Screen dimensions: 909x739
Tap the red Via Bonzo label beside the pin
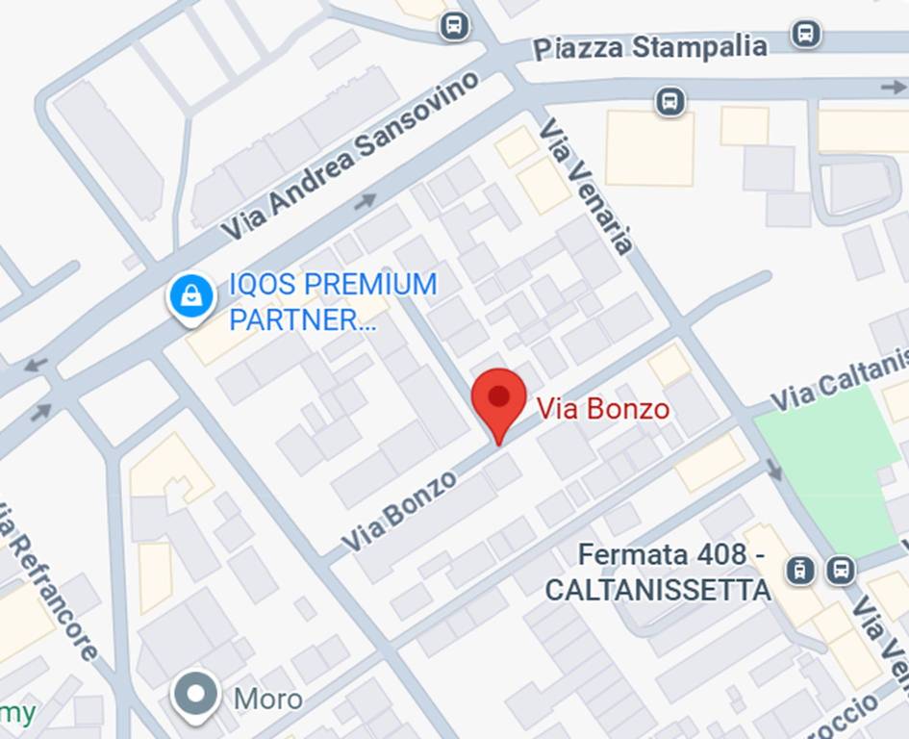602,409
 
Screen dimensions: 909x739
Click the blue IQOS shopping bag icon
191,295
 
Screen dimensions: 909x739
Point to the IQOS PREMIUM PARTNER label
332,301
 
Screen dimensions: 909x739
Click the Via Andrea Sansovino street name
350,156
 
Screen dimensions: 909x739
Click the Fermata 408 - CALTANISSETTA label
662,572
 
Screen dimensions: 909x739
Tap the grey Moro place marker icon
197,696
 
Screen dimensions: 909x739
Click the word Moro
268,699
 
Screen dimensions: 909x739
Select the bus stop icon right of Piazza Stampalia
806,34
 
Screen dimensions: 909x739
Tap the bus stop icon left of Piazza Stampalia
454,26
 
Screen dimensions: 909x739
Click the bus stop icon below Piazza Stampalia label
669,100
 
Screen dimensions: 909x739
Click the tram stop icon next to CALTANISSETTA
799,570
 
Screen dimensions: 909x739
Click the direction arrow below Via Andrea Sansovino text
365,202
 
